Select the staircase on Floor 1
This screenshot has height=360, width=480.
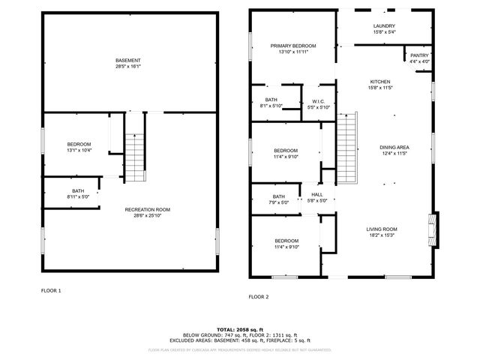point(134,156)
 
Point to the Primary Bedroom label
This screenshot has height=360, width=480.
point(293,46)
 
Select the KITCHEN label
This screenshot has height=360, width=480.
point(380,82)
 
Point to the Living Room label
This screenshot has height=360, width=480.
point(381,229)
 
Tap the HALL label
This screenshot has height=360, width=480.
point(317,194)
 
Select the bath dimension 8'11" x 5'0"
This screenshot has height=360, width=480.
point(78,196)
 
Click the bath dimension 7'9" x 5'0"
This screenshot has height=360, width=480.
point(277,202)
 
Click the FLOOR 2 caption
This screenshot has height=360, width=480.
point(258,297)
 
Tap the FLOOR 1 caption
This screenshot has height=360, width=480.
point(51,290)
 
